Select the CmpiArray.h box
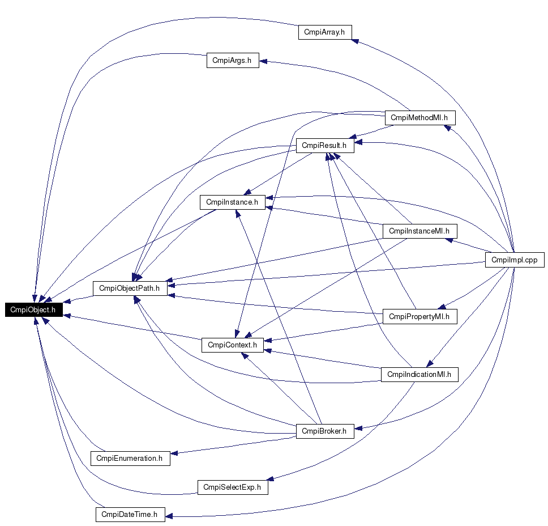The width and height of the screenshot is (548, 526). (325, 32)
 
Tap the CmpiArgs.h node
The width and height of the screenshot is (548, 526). (232, 61)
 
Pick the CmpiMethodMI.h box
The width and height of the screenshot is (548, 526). (419, 118)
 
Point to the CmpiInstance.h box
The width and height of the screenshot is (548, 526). (232, 202)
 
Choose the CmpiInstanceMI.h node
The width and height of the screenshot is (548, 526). (419, 231)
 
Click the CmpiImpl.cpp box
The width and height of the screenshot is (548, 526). (515, 260)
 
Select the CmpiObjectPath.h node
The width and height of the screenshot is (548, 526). (129, 288)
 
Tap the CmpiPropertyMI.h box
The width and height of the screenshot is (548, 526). (419, 316)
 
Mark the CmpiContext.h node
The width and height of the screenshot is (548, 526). (232, 344)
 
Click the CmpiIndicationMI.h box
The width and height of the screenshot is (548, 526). (419, 374)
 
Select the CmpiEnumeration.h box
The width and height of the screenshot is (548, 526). (130, 458)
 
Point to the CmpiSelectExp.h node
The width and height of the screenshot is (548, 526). (232, 487)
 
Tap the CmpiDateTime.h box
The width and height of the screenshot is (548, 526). (130, 515)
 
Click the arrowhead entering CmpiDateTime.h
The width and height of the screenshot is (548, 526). (169, 516)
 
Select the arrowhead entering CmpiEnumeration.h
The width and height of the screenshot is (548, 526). (174, 453)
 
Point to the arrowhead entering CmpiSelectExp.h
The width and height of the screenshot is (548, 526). (271, 480)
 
